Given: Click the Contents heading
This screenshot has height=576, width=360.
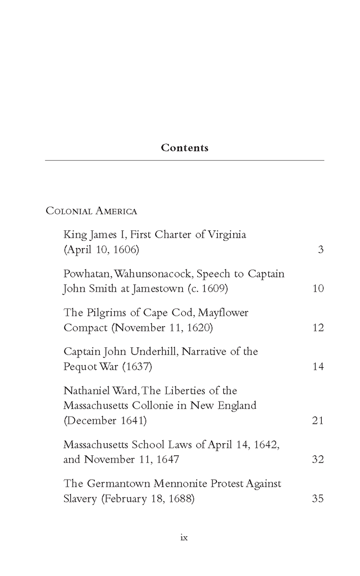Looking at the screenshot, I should coord(184,148).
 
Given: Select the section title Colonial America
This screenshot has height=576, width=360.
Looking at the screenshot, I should coord(91,211).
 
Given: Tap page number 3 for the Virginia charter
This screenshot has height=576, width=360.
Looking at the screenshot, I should coord(320,250).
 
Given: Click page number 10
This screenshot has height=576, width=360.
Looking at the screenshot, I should coord(318,289).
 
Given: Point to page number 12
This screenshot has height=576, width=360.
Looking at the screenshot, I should coord(318,327).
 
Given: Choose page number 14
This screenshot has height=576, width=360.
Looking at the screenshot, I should coord(318,366).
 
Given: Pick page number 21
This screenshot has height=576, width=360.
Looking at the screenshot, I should coord(318,420).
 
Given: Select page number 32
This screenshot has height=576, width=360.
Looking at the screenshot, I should coord(318,459).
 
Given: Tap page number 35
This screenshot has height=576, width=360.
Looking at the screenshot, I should coord(318,498).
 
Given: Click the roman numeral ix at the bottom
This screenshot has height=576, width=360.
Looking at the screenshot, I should coord(185,537).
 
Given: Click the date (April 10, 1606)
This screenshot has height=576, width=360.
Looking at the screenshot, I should coord(101,250).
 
